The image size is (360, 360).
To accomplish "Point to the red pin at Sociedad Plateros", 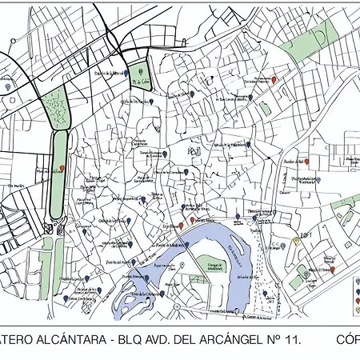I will [275, 80].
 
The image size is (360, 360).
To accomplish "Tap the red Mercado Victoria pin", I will [62, 170].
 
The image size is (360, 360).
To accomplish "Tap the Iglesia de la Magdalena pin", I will [249, 146].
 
